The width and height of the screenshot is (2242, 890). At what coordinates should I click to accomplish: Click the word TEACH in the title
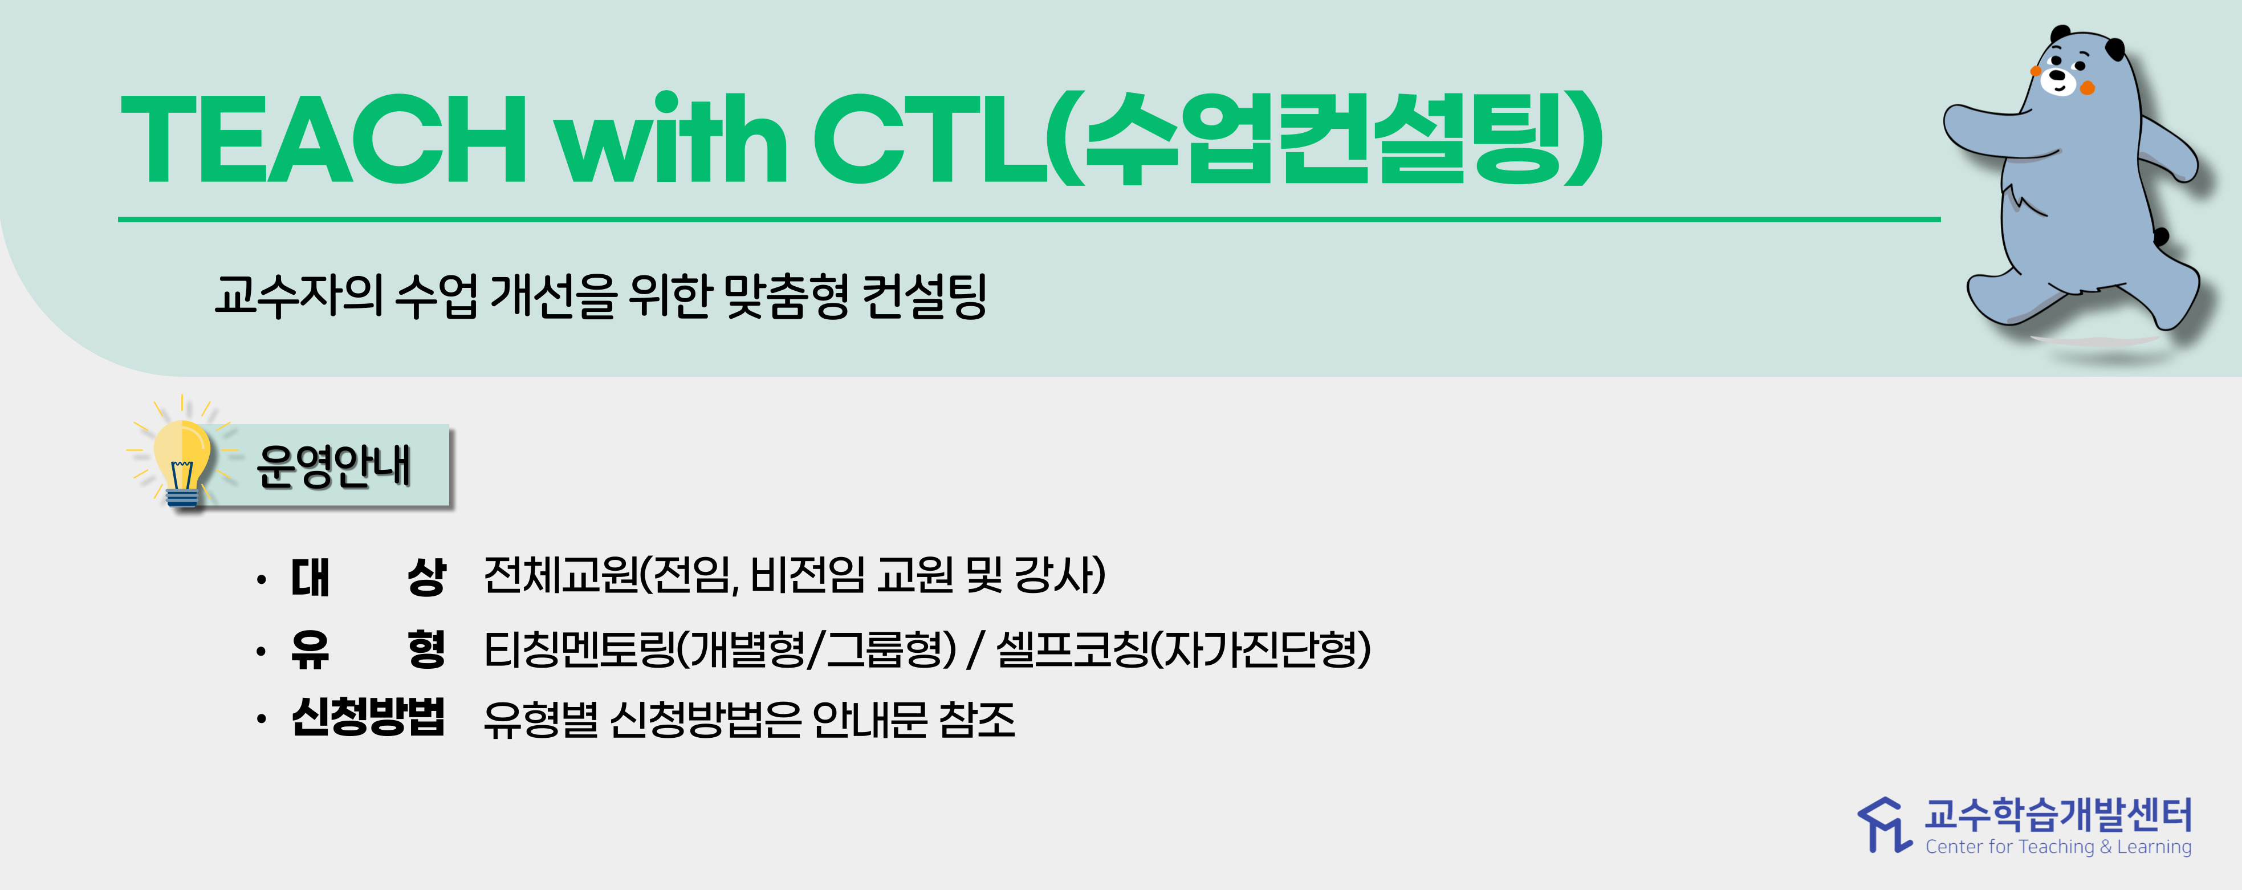tap(323, 139)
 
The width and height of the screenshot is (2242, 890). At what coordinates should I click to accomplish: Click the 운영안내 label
tap(333, 466)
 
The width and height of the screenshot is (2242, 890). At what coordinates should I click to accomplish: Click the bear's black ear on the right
tap(2114, 50)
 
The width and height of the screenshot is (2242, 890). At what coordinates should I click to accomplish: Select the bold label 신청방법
tap(368, 718)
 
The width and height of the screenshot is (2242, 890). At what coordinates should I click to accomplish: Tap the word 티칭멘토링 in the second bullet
tap(580, 649)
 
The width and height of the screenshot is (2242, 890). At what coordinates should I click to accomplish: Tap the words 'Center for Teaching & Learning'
tap(2058, 847)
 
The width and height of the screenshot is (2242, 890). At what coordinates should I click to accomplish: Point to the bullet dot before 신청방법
tap(261, 720)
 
